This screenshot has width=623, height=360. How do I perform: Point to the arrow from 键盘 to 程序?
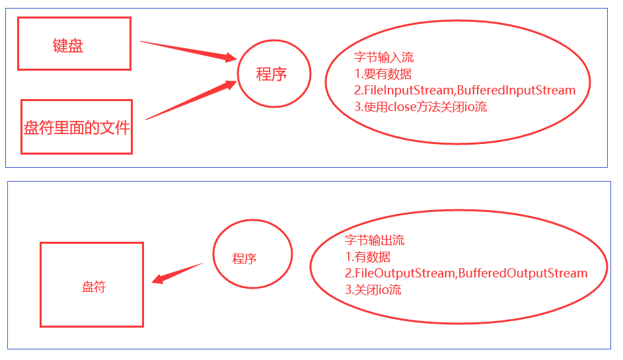188,51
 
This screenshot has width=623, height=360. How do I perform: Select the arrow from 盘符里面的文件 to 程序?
190,100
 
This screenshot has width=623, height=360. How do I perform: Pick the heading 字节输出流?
375,240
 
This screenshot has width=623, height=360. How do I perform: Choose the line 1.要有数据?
383,74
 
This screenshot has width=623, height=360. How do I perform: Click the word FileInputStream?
404,90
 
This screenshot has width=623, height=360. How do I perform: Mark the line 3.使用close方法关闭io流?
420,106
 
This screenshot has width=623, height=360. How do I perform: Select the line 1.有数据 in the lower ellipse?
367,257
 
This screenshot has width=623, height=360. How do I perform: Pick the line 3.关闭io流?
373,289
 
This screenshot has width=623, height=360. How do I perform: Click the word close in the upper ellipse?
402,106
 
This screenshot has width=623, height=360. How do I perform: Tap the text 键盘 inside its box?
68,46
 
